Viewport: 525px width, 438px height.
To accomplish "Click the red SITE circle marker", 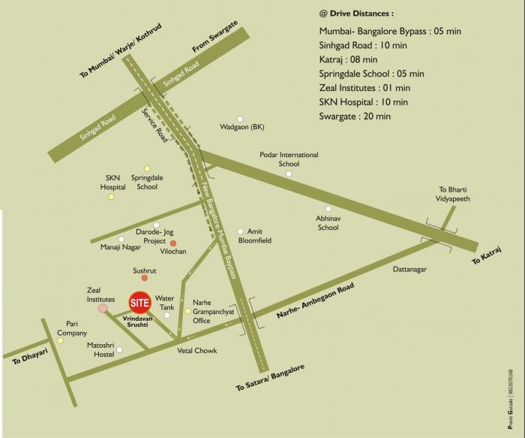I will pyautogui.click(x=140, y=303).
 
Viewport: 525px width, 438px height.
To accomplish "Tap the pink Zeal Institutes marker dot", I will pyautogui.click(x=103, y=308).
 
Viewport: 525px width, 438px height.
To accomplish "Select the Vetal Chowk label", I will pyautogui.click(x=196, y=351).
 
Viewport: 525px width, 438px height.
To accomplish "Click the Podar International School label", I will pyautogui.click(x=289, y=159).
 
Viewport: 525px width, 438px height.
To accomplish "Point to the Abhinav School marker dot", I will pyautogui.click(x=328, y=208).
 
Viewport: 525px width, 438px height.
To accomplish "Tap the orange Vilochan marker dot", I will pyautogui.click(x=172, y=243).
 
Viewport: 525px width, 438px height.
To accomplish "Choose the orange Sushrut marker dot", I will pyautogui.click(x=145, y=278).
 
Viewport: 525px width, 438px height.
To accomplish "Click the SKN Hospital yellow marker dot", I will pyautogui.click(x=111, y=197).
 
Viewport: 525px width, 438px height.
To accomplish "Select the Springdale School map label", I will pyautogui.click(x=147, y=182).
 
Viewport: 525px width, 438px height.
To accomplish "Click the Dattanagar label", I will pyautogui.click(x=409, y=268).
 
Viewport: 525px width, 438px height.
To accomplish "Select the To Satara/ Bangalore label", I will pyautogui.click(x=270, y=378).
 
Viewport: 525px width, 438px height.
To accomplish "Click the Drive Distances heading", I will pyautogui.click(x=356, y=14).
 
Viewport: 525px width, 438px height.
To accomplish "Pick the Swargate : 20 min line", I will pyautogui.click(x=355, y=116).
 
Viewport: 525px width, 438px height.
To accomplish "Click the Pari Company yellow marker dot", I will pyautogui.click(x=61, y=340).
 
